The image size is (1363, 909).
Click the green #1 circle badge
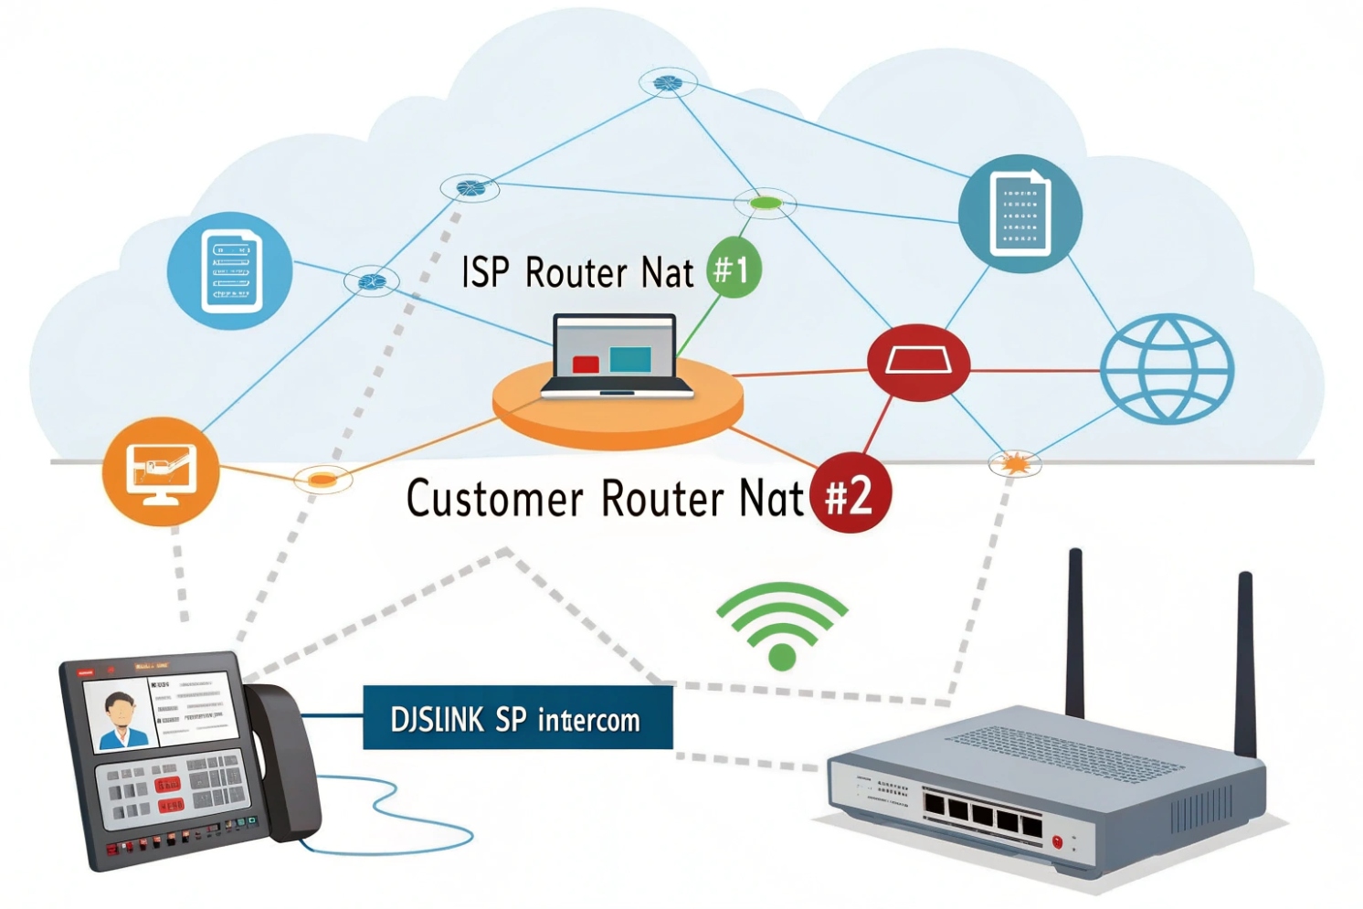[733, 269]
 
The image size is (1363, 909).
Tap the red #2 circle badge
[849, 494]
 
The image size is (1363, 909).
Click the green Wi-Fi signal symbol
[782, 625]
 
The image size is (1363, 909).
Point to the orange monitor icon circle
[161, 471]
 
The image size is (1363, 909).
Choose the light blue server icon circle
[230, 271]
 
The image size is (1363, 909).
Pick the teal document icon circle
[1020, 214]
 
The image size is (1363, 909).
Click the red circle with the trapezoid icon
[918, 362]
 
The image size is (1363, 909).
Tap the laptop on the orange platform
[616, 356]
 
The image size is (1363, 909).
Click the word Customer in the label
[494, 499]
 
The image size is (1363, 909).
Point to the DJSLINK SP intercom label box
[517, 718]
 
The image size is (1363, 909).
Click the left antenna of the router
[1076, 630]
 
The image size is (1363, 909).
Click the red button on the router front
[1057, 841]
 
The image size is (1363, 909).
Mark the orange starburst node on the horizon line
[1015, 464]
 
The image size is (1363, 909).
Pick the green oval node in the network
[766, 203]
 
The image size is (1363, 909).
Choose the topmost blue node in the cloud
[668, 83]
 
